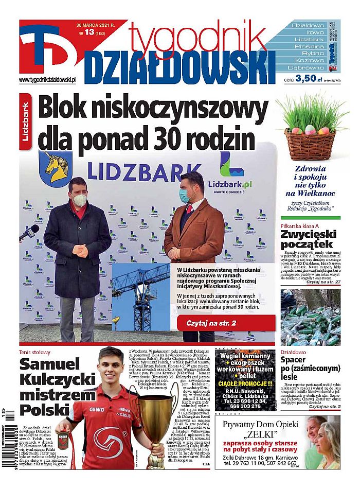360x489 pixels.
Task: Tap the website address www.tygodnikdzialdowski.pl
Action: tap(47, 80)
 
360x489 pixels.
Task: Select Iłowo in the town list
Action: tap(308, 32)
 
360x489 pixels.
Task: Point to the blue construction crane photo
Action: tap(140, 295)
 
